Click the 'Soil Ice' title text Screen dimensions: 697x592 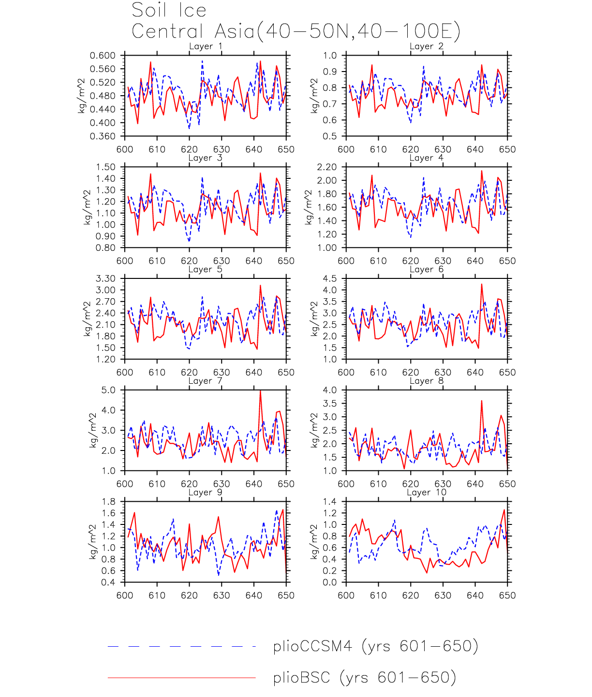(x=169, y=10)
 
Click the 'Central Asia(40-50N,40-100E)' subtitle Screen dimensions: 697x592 (x=296, y=31)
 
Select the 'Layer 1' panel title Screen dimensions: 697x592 (x=206, y=46)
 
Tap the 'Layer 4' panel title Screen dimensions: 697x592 (x=426, y=158)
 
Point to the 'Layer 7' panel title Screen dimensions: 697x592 (x=206, y=381)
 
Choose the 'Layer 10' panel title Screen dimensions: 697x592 (x=426, y=493)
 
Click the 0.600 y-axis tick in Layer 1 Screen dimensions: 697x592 (x=103, y=56)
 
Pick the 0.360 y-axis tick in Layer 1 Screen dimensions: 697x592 (x=103, y=136)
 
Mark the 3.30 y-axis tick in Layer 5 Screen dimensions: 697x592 (x=105, y=279)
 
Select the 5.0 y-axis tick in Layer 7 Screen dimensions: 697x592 (x=108, y=390)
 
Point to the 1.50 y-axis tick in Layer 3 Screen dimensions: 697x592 (x=105, y=167)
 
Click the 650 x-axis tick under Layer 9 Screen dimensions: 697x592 (x=286, y=595)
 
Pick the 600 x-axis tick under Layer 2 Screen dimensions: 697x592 (x=346, y=149)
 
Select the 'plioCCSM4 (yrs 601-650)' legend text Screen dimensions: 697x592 (x=375, y=646)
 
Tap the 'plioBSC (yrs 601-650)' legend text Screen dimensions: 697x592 (x=364, y=678)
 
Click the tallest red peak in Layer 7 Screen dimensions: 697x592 (x=260, y=391)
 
